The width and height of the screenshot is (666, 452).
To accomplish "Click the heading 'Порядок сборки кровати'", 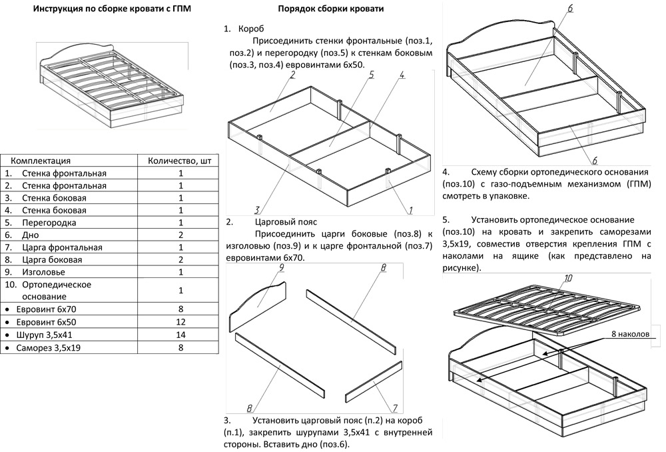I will click(330, 9).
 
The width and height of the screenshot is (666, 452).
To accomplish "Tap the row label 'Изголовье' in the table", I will click(44, 272).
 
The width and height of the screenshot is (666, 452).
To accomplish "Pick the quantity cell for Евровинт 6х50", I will click(181, 321).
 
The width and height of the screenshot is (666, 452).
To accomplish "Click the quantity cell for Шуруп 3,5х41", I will click(181, 334).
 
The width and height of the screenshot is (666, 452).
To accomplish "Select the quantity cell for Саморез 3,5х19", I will click(181, 347).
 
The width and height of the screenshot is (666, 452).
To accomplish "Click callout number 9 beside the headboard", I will click(282, 269).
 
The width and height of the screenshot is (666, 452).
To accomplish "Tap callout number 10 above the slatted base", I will click(567, 278).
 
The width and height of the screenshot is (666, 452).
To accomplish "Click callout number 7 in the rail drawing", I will click(394, 409).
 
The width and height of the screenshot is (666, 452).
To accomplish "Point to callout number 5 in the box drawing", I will click(372, 75).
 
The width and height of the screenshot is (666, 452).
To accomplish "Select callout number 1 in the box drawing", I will click(410, 210).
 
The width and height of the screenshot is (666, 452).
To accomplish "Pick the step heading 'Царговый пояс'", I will click(286, 222).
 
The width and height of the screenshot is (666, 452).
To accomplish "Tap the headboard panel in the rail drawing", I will click(258, 303).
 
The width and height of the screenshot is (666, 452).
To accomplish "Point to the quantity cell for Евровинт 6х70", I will click(181, 309).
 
